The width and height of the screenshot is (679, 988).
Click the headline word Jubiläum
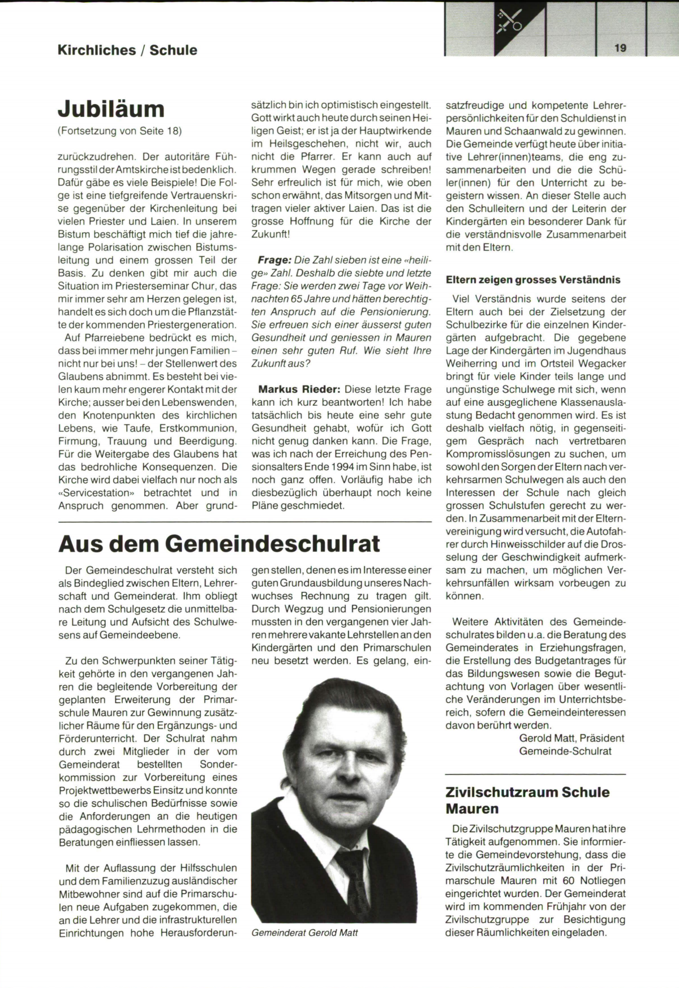[111, 109]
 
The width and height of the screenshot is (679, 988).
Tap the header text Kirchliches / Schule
[127, 50]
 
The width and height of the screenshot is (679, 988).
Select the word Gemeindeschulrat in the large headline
[273, 544]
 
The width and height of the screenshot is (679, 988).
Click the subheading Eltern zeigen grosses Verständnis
[533, 280]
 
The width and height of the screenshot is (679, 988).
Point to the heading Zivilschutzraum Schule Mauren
[527, 800]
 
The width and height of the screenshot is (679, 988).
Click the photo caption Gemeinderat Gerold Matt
[304, 933]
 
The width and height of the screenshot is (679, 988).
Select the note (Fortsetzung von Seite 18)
[120, 131]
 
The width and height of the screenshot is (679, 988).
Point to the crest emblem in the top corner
[509, 23]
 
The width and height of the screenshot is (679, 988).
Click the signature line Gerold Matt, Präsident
[571, 738]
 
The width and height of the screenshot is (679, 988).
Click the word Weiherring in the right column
[474, 363]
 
